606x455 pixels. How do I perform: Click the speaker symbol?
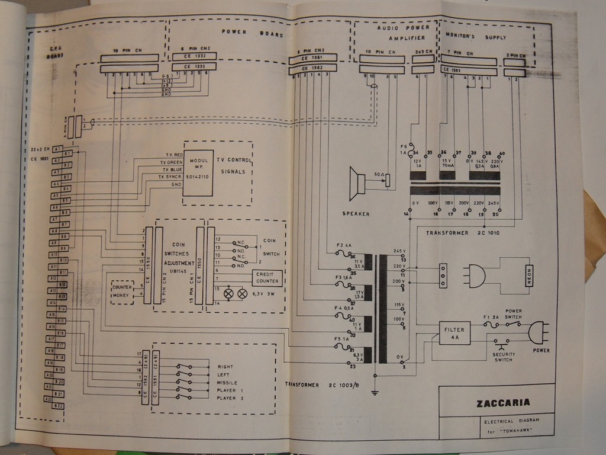click(x=357, y=184)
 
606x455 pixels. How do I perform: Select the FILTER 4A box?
click(x=454, y=333)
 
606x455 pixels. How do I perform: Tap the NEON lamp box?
click(x=530, y=275)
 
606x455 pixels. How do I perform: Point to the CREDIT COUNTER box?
click(x=267, y=278)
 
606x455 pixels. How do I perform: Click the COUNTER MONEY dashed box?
click(x=122, y=291)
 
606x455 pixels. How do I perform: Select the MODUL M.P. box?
click(x=198, y=168)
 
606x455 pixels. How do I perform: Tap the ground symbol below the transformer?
click(x=375, y=390)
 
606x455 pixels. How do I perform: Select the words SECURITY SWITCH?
click(x=502, y=356)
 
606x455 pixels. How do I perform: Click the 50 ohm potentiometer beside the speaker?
click(x=388, y=180)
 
